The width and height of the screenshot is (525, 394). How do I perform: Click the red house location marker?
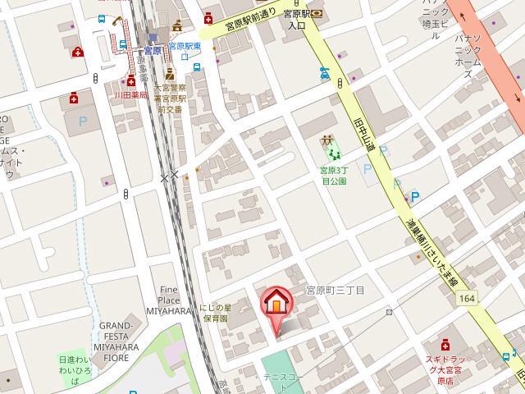(x=276, y=304)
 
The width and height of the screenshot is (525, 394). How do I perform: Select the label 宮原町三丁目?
(x=335, y=291)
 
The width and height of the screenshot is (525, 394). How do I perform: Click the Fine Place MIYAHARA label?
(x=169, y=300)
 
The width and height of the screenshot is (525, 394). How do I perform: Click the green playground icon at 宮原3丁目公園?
(x=331, y=149)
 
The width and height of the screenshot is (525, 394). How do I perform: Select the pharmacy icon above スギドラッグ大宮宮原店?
(x=445, y=342)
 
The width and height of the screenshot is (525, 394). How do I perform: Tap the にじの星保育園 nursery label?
(x=216, y=312)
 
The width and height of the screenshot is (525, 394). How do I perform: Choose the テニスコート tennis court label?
(x=284, y=377)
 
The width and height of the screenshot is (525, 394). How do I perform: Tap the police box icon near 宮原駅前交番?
(x=171, y=76)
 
